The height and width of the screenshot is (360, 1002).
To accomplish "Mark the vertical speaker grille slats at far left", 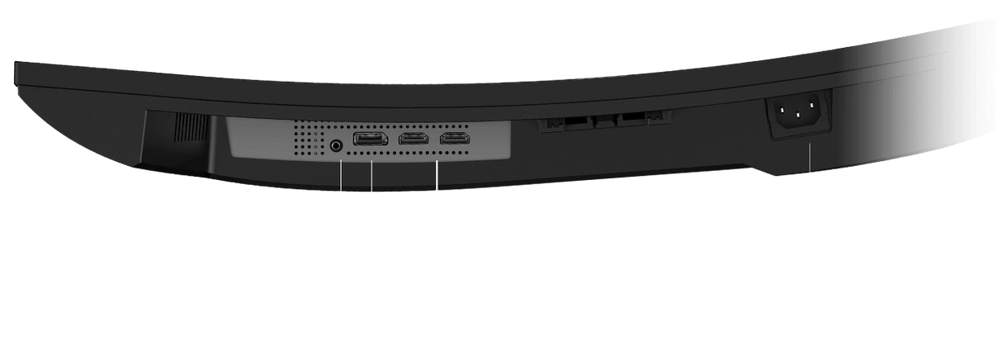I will coord(191,130).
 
